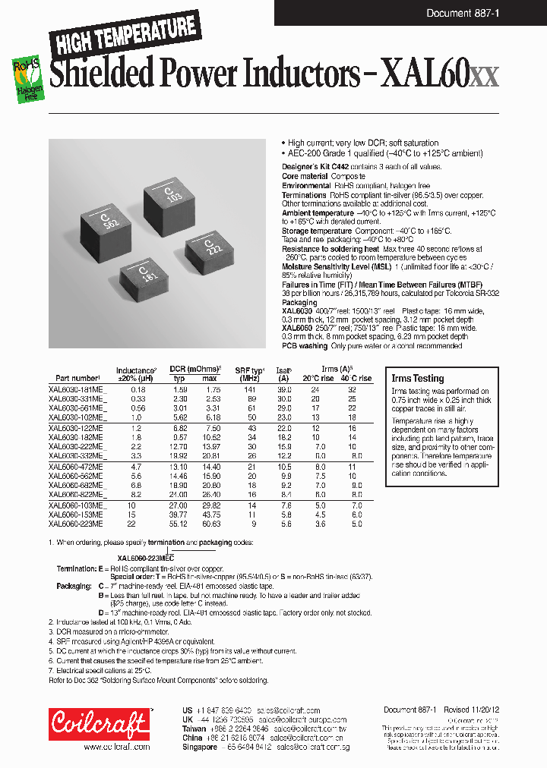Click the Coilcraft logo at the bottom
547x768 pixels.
pyautogui.click(x=99, y=725)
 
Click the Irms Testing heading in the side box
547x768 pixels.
pyautogui.click(x=417, y=378)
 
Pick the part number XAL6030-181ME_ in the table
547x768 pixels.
pyautogui.click(x=77, y=389)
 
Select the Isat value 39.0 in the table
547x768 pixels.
pyautogui.click(x=283, y=389)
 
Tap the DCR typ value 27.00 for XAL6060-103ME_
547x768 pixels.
pyautogui.click(x=177, y=505)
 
